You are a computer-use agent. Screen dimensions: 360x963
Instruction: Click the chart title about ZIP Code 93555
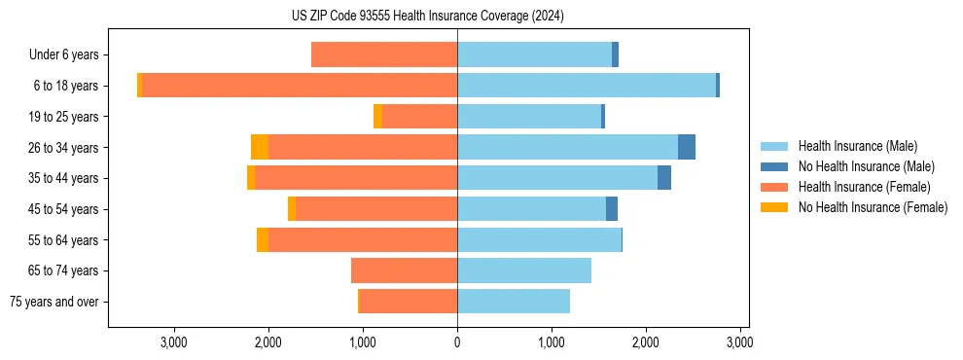point(427,16)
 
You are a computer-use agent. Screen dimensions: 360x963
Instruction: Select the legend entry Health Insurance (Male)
point(857,146)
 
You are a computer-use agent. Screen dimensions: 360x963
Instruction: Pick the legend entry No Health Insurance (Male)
point(866,166)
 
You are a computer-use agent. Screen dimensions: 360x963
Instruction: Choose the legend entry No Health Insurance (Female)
point(873,207)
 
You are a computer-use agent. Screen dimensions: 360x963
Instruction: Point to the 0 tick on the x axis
point(457,342)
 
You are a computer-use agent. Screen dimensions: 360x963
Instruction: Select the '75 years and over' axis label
point(54,302)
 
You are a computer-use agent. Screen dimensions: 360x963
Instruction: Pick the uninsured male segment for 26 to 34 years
point(687,147)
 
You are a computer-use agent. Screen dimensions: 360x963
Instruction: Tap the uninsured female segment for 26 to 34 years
point(260,147)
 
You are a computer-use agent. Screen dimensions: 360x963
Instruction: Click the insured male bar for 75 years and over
point(514,302)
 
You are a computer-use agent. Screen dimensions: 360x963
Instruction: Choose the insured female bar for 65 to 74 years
point(405,270)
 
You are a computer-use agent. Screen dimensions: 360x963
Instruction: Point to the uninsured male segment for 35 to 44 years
point(664,178)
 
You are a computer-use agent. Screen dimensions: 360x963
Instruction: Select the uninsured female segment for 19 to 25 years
point(378,117)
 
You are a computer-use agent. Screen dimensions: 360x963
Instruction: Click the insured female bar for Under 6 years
point(384,55)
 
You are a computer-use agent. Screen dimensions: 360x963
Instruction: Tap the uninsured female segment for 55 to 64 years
point(263,239)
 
